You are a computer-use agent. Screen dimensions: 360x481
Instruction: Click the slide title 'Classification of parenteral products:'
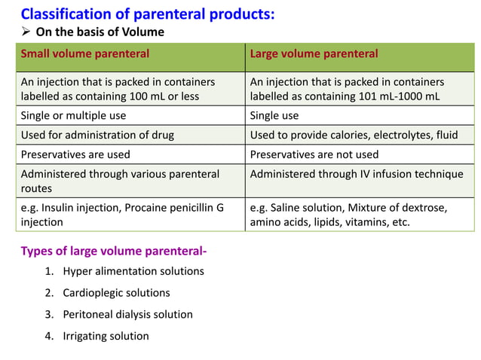coord(147,14)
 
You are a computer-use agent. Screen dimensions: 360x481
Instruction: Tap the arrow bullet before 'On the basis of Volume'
coord(26,32)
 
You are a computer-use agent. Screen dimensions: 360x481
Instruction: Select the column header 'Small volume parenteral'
coord(84,54)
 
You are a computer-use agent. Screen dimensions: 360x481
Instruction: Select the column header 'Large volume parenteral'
coord(314,54)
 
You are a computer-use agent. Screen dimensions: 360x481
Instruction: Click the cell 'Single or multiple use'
coord(73,116)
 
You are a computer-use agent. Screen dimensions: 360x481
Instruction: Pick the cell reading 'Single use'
coord(274,116)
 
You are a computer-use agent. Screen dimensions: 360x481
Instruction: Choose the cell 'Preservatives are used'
coord(75,154)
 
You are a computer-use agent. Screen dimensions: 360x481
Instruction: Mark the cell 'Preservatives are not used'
coord(314,154)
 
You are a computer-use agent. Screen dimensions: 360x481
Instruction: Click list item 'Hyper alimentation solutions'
coord(133,271)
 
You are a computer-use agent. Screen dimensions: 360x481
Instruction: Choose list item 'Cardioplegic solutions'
coord(116,293)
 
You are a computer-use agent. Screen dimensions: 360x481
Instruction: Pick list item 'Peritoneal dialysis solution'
coord(127,315)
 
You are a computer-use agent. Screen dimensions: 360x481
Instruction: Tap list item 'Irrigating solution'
coord(106,336)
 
